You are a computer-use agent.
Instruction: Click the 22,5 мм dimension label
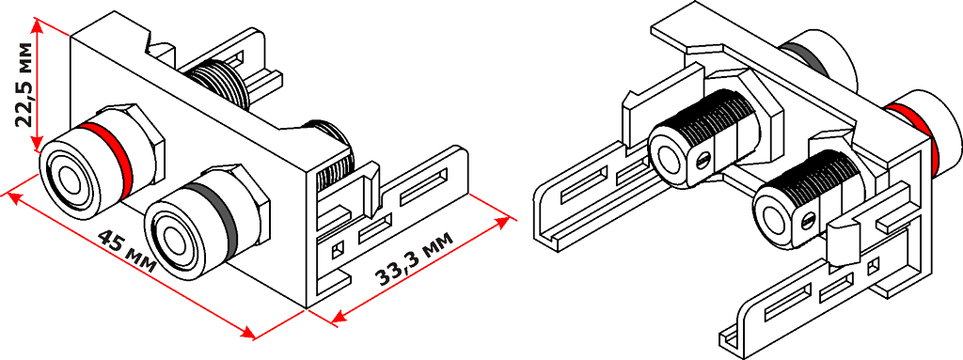[24, 85]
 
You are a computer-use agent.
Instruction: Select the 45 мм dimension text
[127, 251]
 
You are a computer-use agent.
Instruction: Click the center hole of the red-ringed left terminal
[67, 180]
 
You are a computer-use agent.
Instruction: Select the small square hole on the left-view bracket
[336, 250]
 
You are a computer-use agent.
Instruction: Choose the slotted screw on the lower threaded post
[808, 219]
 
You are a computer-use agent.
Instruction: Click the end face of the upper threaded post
[668, 155]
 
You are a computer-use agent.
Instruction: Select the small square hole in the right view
[873, 267]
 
